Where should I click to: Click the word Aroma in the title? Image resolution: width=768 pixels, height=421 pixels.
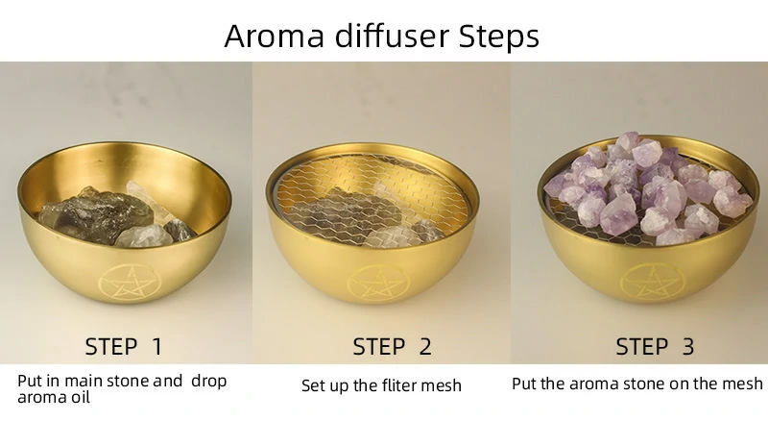coord(275,36)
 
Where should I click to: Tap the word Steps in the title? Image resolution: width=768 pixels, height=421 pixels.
coord(498,37)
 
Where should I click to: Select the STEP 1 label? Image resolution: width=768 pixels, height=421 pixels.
coord(124,346)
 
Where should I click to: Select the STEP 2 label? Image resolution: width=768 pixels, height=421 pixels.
coord(392,346)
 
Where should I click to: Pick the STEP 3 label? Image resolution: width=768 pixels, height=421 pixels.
coord(655,346)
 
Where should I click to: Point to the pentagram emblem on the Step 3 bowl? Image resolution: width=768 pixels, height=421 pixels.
coord(651,282)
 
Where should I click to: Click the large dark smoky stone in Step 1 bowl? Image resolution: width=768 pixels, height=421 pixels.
coord(95,214)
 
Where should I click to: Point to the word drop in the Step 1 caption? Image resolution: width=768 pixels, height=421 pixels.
coord(209,382)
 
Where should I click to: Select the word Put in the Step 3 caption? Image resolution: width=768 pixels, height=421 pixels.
coord(523,383)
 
